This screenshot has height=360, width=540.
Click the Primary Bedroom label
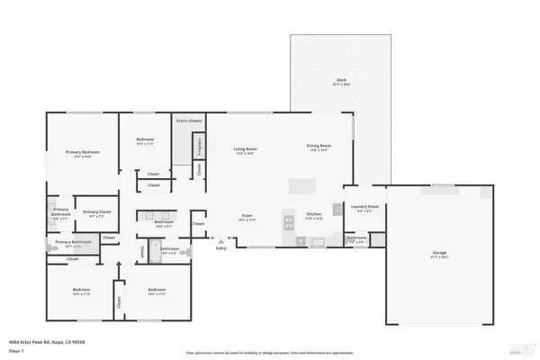(82, 152)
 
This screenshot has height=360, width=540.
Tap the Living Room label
(245, 148)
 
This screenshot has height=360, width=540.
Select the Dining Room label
(319, 146)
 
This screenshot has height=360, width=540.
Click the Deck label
(341, 80)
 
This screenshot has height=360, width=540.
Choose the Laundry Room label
(364, 207)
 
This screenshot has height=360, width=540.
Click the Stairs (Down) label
(188, 120)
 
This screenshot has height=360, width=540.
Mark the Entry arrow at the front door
(219, 243)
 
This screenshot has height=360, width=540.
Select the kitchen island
(301, 185)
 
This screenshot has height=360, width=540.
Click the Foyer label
(247, 216)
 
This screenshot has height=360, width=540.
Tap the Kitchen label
(313, 215)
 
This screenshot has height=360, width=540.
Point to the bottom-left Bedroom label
(82, 290)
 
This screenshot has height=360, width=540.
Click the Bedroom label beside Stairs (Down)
(146, 139)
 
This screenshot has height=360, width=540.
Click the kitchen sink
(317, 241)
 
